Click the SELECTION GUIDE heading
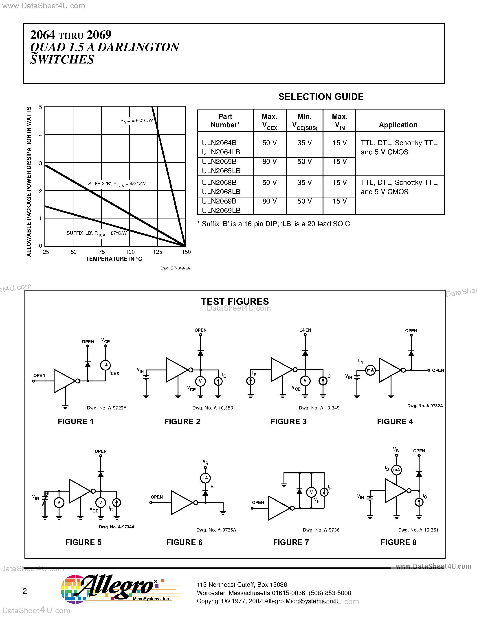pyautogui.click(x=321, y=97)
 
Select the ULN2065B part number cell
pyautogui.click(x=219, y=162)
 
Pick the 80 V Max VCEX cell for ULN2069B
pyautogui.click(x=269, y=201)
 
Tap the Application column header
pyautogui.click(x=398, y=125)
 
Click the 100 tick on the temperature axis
pyautogui.click(x=130, y=252)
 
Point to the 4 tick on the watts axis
pyautogui.click(x=41, y=135)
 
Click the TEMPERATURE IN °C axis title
pyautogui.click(x=114, y=259)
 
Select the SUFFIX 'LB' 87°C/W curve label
pyautogui.click(x=96, y=233)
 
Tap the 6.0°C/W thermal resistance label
pyautogui.click(x=137, y=121)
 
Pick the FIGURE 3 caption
pyautogui.click(x=288, y=422)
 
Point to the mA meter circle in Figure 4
pyautogui.click(x=370, y=370)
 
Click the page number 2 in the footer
pyautogui.click(x=25, y=591)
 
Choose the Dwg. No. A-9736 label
pyautogui.click(x=321, y=530)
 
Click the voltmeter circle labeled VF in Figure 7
pyautogui.click(x=311, y=492)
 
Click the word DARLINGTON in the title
pyautogui.click(x=138, y=47)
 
